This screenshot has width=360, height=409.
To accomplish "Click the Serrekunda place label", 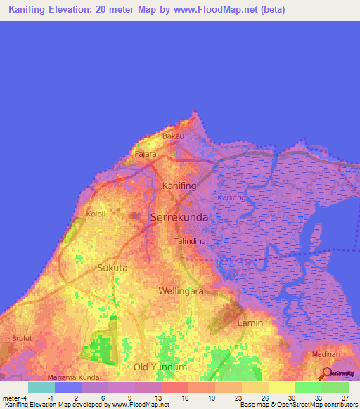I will point(179,218).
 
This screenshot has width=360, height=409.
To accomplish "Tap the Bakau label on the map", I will point(173,136).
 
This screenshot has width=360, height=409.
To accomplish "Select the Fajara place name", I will point(146,154).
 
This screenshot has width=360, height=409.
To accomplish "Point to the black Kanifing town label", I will point(178,186).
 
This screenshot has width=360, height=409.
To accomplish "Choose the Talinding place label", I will point(190,241).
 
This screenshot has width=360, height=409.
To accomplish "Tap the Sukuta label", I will point(112,268).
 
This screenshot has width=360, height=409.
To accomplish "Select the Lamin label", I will point(250,323).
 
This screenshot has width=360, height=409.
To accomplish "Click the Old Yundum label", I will point(160,367).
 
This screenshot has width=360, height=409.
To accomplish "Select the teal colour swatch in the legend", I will point(41,387).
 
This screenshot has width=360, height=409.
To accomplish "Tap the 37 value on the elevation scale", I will point(345,398).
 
